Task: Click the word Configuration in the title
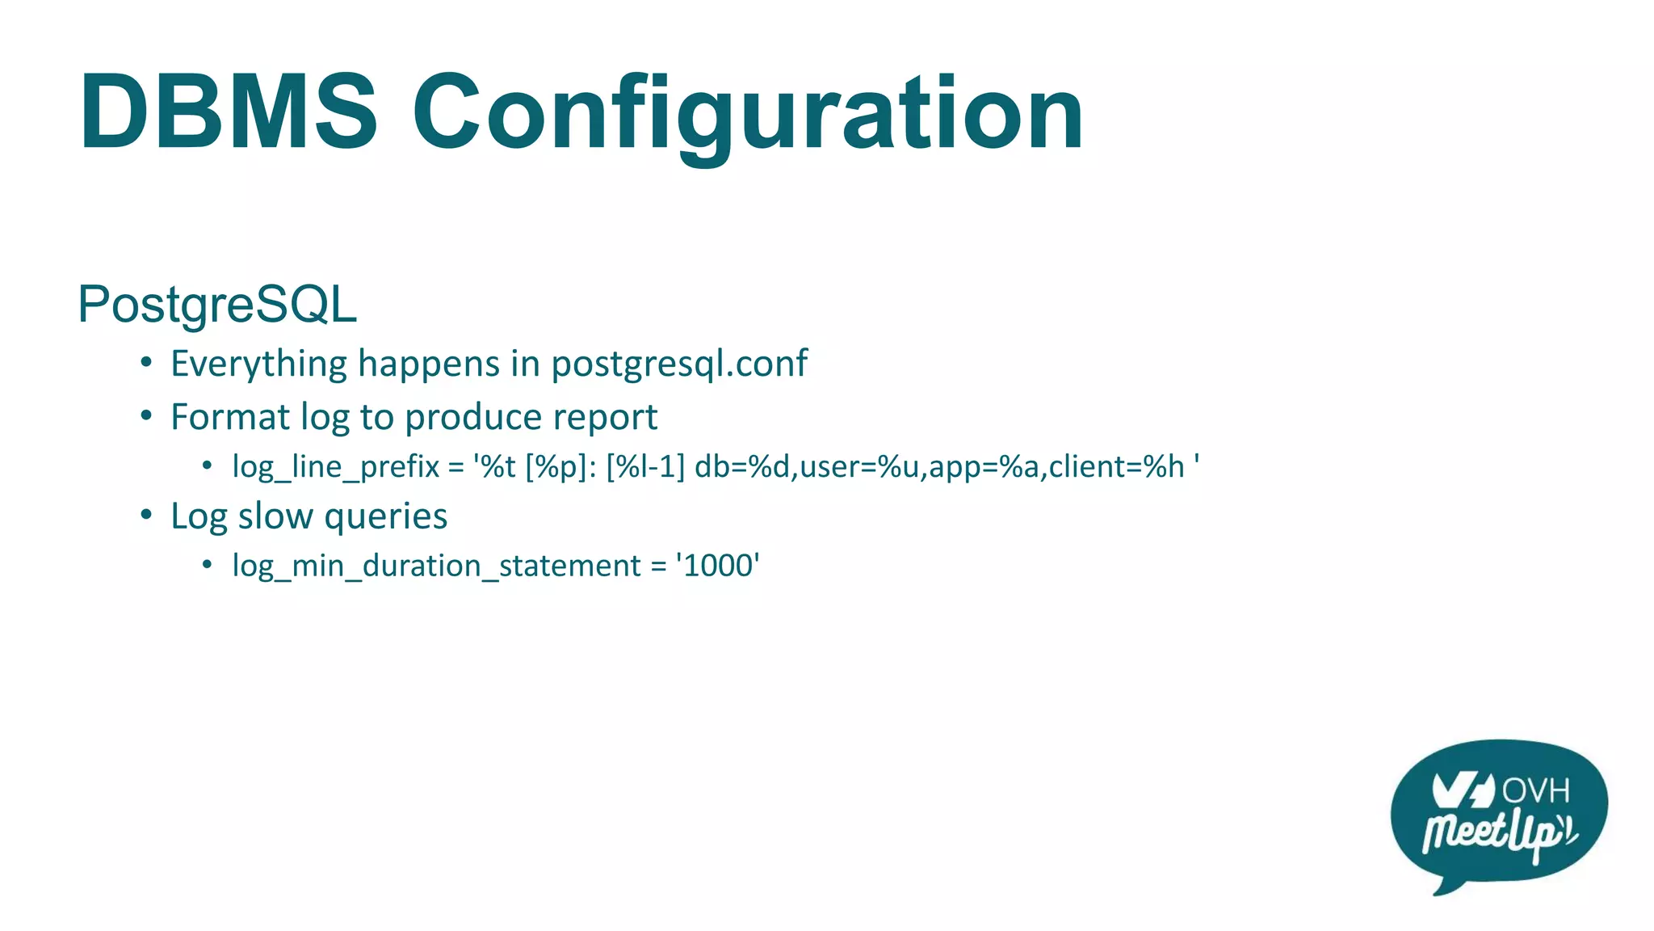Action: [x=748, y=113]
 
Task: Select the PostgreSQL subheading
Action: [x=217, y=305]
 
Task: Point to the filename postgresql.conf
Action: [x=679, y=364]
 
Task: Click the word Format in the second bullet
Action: [x=230, y=417]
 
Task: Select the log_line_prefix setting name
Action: [x=335, y=467]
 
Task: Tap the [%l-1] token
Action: [x=645, y=467]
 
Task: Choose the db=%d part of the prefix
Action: [x=742, y=467]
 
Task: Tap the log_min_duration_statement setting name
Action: [x=436, y=566]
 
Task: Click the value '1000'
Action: [x=717, y=566]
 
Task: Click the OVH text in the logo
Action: [x=1535, y=790]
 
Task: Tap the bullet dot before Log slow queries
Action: [x=146, y=515]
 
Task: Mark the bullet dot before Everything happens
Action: [x=146, y=363]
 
